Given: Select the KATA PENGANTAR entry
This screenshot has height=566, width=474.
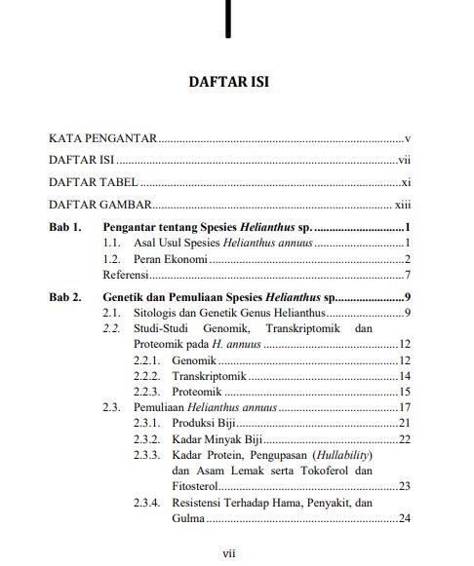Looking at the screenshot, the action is click(103, 139).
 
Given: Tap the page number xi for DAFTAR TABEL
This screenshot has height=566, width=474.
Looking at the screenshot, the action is click(406, 182).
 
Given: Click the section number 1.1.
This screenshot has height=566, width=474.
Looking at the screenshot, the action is click(112, 243).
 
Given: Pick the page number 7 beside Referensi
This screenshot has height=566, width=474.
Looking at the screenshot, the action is click(407, 275).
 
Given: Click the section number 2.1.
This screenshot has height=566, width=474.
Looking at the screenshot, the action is click(112, 313).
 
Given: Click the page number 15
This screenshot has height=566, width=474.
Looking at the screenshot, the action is click(404, 392).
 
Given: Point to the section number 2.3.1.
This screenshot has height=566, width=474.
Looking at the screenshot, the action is click(146, 423).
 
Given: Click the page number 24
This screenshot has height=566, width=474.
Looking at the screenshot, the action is click(404, 518).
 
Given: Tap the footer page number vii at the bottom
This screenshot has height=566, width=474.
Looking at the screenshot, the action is click(229, 553).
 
